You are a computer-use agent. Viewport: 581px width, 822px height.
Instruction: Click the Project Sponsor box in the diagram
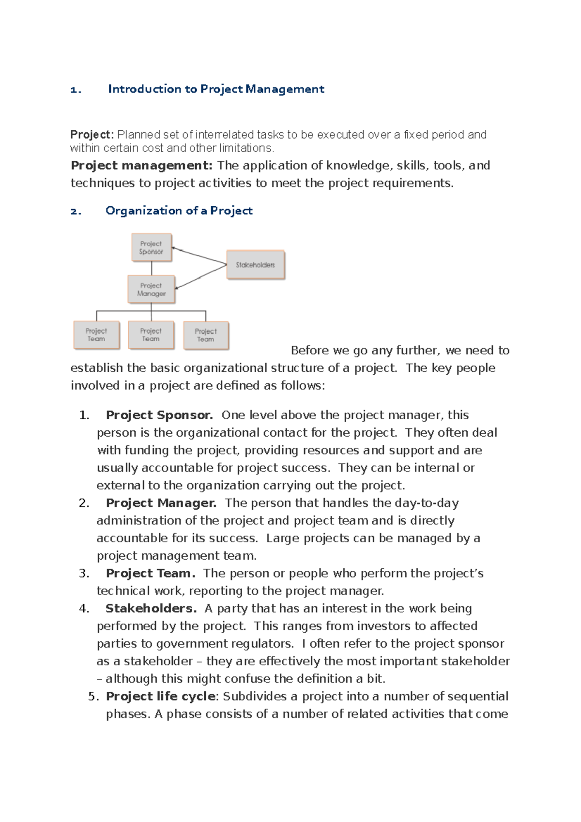point(152,247)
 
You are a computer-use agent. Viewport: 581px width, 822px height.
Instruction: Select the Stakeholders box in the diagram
point(256,265)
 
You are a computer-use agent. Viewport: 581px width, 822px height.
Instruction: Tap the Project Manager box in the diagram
point(151,289)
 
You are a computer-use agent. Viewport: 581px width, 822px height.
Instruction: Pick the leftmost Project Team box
point(96,335)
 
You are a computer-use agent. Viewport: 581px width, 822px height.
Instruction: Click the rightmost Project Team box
point(206,335)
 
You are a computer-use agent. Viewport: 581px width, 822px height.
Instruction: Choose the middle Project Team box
point(151,335)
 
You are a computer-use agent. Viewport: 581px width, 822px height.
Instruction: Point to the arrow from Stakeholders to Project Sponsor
point(199,256)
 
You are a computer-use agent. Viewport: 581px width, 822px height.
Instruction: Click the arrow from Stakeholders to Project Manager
point(200,276)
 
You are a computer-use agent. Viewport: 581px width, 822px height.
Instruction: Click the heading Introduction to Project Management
point(216,89)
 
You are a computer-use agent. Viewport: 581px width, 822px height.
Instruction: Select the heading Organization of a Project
point(179,211)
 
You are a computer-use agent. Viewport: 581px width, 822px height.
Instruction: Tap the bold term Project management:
point(141,166)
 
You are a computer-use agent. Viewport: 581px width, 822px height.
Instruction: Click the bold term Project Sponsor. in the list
point(159,415)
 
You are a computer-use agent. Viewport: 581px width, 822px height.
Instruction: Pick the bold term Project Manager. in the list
point(161,503)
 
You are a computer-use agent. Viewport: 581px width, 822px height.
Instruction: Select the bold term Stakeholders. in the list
point(151,609)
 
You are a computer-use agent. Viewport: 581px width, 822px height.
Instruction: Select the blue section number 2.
point(76,211)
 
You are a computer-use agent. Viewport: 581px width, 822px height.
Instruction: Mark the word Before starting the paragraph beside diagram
point(310,350)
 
